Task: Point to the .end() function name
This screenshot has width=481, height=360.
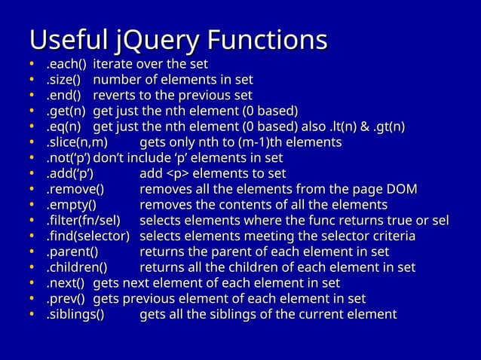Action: (65, 96)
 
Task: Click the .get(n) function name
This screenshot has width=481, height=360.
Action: (66, 111)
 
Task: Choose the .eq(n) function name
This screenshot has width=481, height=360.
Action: (66, 127)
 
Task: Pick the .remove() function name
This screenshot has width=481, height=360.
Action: (75, 189)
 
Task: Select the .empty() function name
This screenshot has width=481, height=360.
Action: (72, 205)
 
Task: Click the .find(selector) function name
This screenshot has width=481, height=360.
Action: (89, 236)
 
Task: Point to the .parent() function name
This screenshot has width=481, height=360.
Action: (73, 252)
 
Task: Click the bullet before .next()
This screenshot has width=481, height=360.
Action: (32, 284)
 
